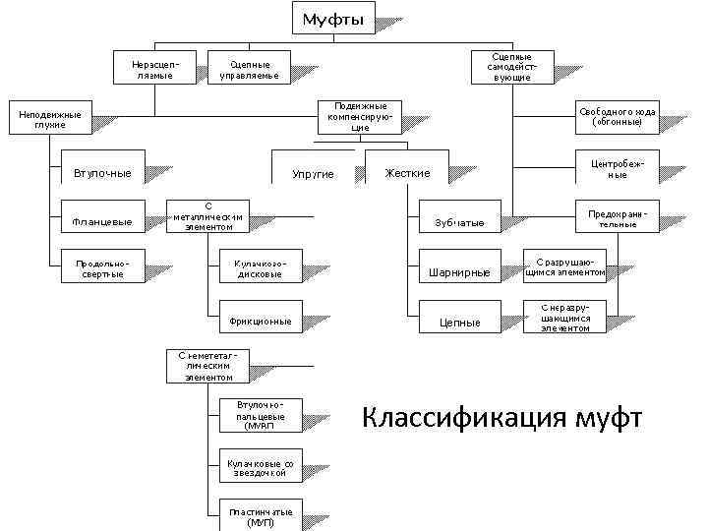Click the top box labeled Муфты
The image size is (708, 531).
[334, 18]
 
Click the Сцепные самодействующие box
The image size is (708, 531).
[511, 67]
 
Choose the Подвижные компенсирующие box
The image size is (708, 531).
[360, 117]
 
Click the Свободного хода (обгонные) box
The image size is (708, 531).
[617, 117]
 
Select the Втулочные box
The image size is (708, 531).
[102, 173]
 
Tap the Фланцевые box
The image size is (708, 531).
[102, 221]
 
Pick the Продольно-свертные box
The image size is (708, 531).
[102, 268]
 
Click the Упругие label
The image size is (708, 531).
[313, 174]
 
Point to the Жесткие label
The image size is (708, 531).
[407, 173]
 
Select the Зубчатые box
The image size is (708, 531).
[459, 223]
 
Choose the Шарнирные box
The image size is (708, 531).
[459, 272]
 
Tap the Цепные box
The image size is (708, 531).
[459, 322]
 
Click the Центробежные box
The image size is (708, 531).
[617, 168]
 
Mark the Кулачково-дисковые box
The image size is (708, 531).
[260, 268]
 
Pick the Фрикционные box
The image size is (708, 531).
[260, 321]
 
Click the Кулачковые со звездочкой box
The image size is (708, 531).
[260, 467]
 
